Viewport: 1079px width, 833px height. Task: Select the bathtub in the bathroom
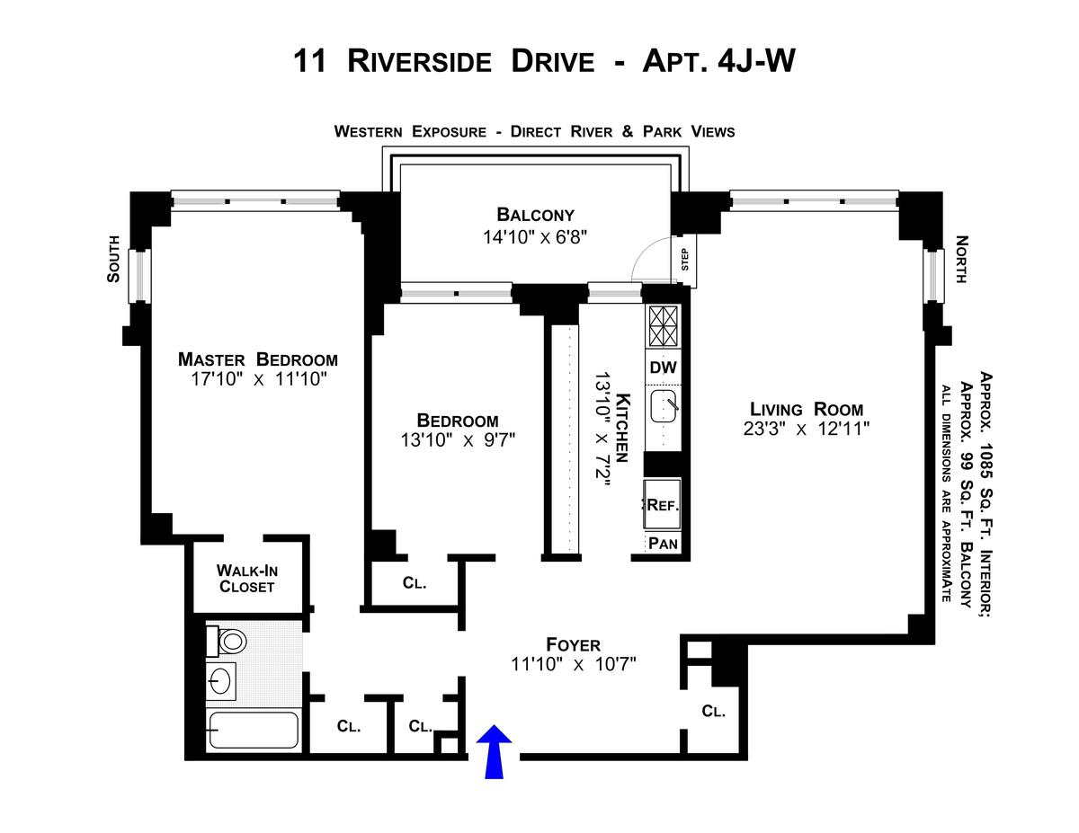click(253, 731)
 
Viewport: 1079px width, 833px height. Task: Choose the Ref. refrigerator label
click(664, 506)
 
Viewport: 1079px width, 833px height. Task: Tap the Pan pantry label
click(664, 543)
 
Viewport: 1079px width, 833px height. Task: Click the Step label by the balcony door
click(684, 259)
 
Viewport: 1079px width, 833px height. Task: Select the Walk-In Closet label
click(246, 578)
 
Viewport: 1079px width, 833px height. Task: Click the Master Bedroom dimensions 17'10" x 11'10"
click(258, 379)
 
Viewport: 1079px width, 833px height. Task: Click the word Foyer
click(573, 644)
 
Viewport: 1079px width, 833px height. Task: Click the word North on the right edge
click(960, 260)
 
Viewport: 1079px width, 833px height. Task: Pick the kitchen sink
click(665, 406)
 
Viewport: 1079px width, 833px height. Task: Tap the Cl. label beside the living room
click(713, 712)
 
